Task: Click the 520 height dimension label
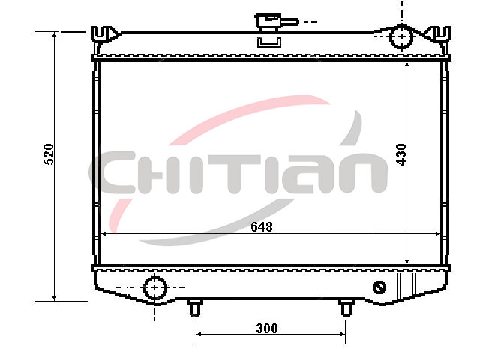pyautogui.click(x=49, y=154)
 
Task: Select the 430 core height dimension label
pyautogui.click(x=401, y=154)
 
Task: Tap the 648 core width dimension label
pyautogui.click(x=262, y=227)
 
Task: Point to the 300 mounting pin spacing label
pyautogui.click(x=267, y=328)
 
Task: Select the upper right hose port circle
pyautogui.click(x=401, y=37)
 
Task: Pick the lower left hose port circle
pyautogui.click(x=155, y=287)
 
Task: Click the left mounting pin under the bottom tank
pyautogui.click(x=195, y=307)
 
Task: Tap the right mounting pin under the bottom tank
pyautogui.click(x=346, y=307)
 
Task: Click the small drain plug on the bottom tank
pyautogui.click(x=379, y=287)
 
